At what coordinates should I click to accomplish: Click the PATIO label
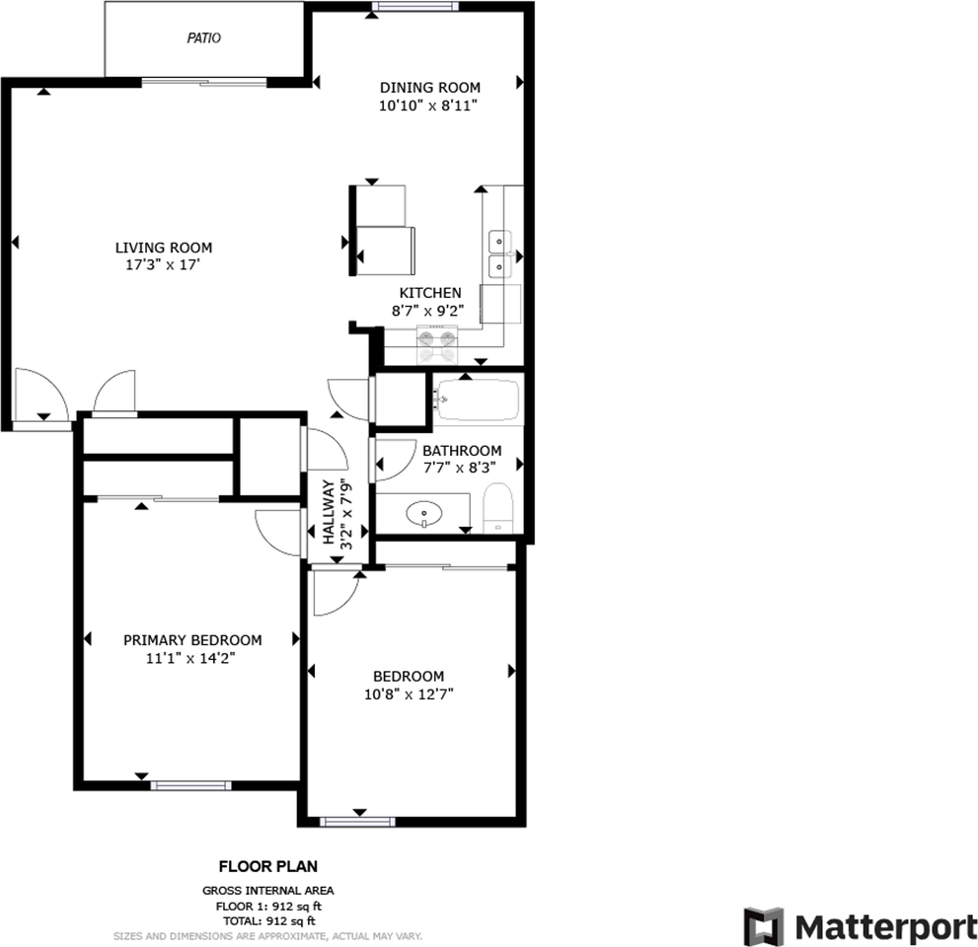coord(204,38)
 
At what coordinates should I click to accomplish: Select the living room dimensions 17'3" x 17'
coord(163,264)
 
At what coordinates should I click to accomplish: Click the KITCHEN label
coord(429,293)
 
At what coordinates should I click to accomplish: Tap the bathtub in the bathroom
coord(477,400)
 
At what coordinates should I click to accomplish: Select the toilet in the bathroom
coord(497,508)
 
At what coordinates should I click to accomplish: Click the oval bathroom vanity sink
coord(424,512)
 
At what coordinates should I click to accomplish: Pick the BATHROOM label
coord(462,451)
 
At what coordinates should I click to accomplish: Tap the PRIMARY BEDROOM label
coord(192,639)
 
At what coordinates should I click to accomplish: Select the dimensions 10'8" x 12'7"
coord(408,693)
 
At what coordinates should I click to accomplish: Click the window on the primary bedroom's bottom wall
coord(190,785)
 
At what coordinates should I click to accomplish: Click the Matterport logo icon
coord(763,925)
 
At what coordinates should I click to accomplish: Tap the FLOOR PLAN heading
coord(267,867)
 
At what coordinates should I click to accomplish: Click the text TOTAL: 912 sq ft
coord(268,919)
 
